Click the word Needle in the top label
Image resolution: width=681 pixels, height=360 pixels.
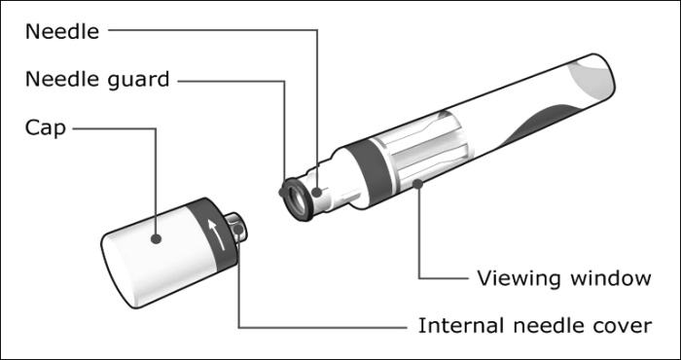pyautogui.click(x=62, y=32)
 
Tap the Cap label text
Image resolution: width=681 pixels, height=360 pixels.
pyautogui.click(x=46, y=128)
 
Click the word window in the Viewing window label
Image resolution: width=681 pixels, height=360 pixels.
pyautogui.click(x=611, y=278)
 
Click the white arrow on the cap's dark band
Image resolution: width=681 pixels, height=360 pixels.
pyautogui.click(x=216, y=234)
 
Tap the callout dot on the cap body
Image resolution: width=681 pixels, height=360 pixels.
pyautogui.click(x=156, y=238)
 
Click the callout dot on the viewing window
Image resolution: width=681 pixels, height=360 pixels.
pyautogui.click(x=417, y=184)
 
